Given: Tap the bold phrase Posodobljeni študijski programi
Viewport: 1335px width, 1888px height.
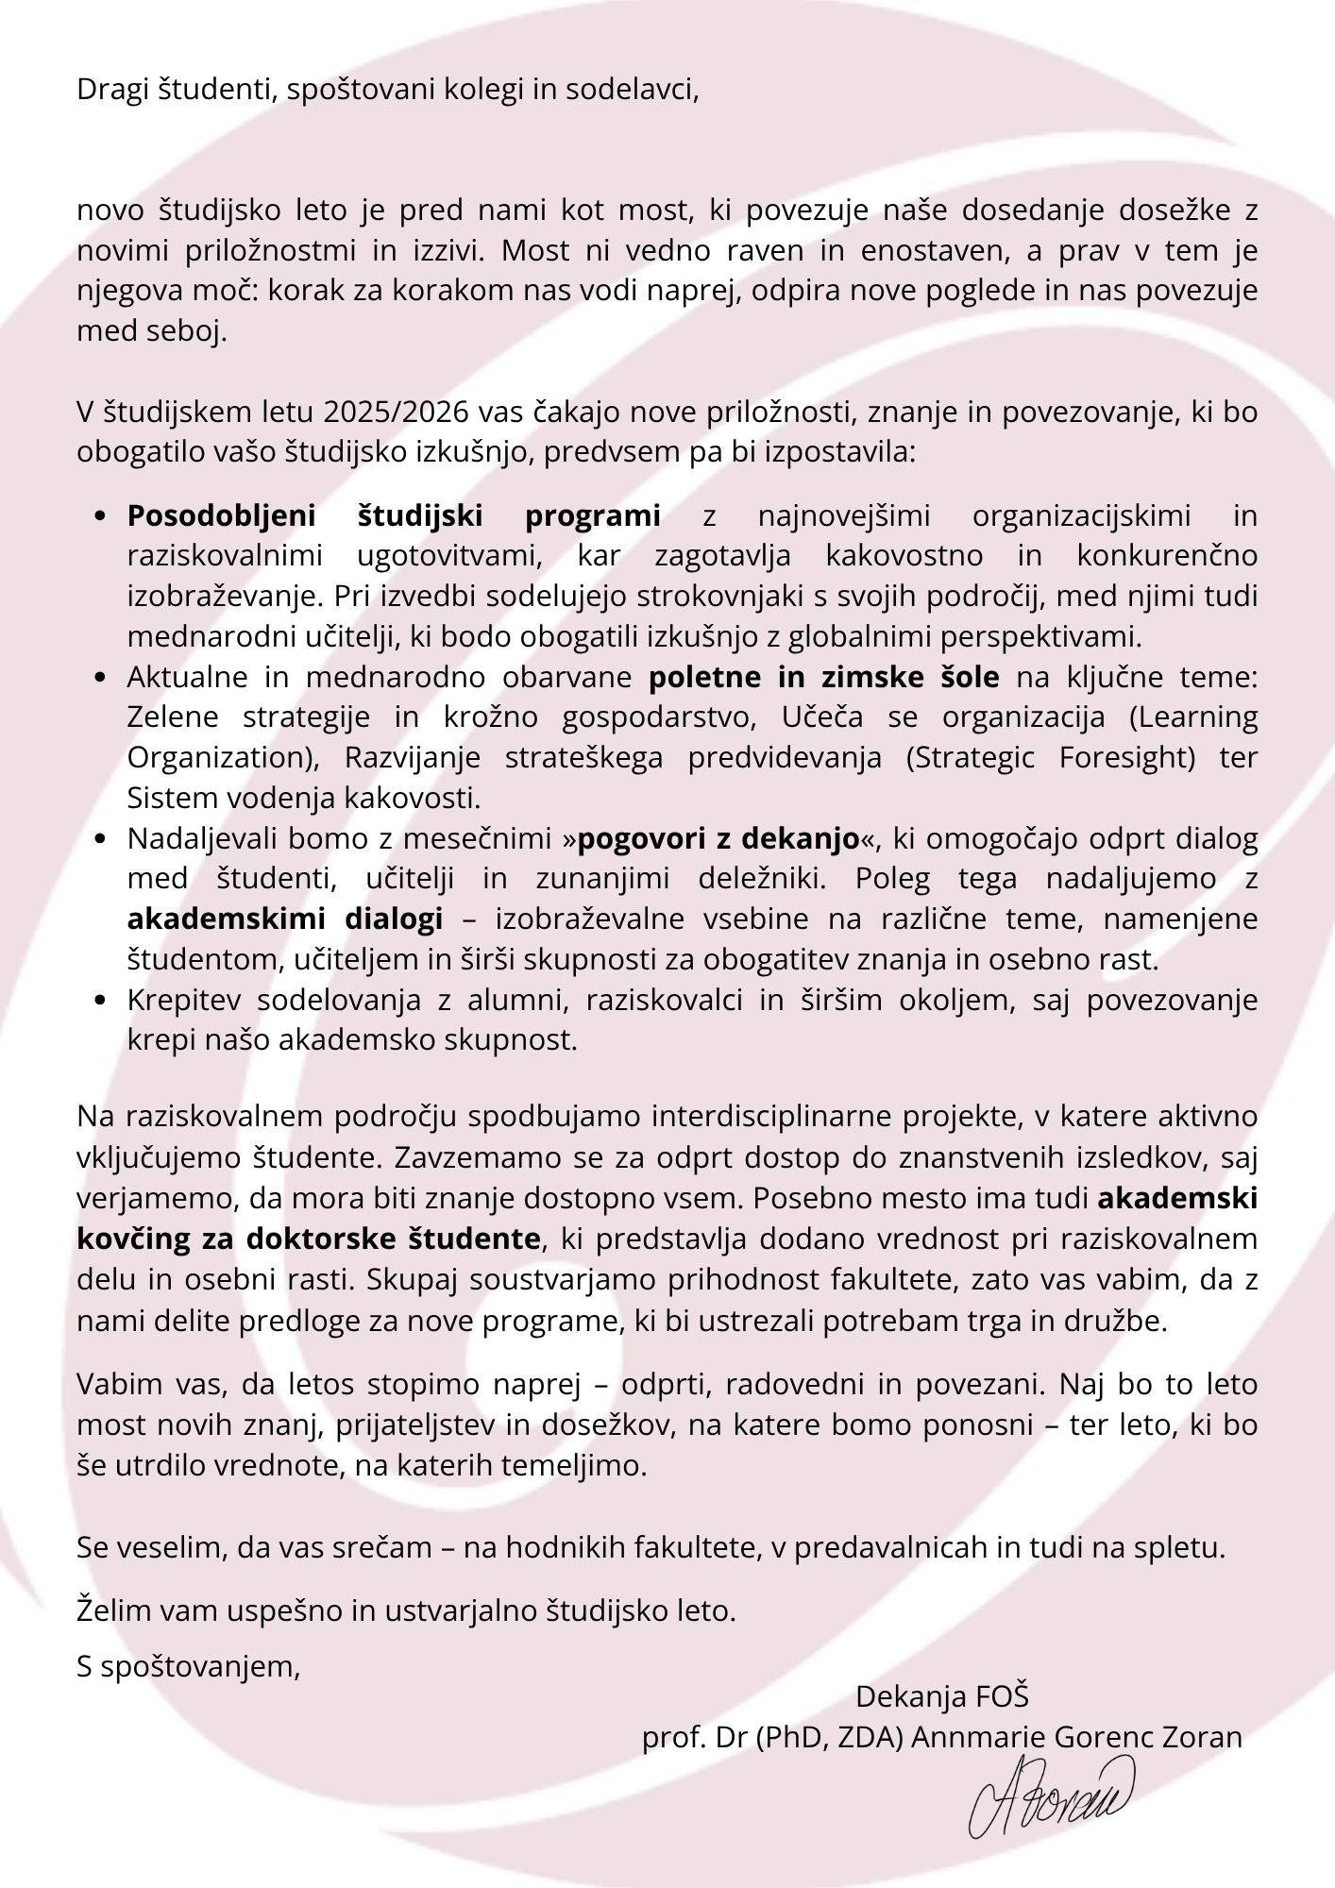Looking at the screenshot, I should (x=394, y=516).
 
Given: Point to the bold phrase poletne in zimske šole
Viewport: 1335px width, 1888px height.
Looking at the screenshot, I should (x=823, y=677).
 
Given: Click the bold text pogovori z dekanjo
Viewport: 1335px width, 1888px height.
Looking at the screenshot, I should (x=718, y=838).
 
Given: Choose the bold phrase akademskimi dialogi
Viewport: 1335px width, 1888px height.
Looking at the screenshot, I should (x=285, y=919).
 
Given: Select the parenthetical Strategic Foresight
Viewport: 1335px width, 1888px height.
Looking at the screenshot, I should (x=1051, y=758).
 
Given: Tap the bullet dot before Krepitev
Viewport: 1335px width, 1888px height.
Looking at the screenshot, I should (x=102, y=1001).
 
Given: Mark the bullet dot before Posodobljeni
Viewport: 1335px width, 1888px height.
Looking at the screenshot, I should (x=102, y=517).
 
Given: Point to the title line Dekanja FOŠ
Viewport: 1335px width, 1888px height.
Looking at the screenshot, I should (x=941, y=1696).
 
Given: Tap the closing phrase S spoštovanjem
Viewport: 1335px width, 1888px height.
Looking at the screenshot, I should (x=188, y=1666).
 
